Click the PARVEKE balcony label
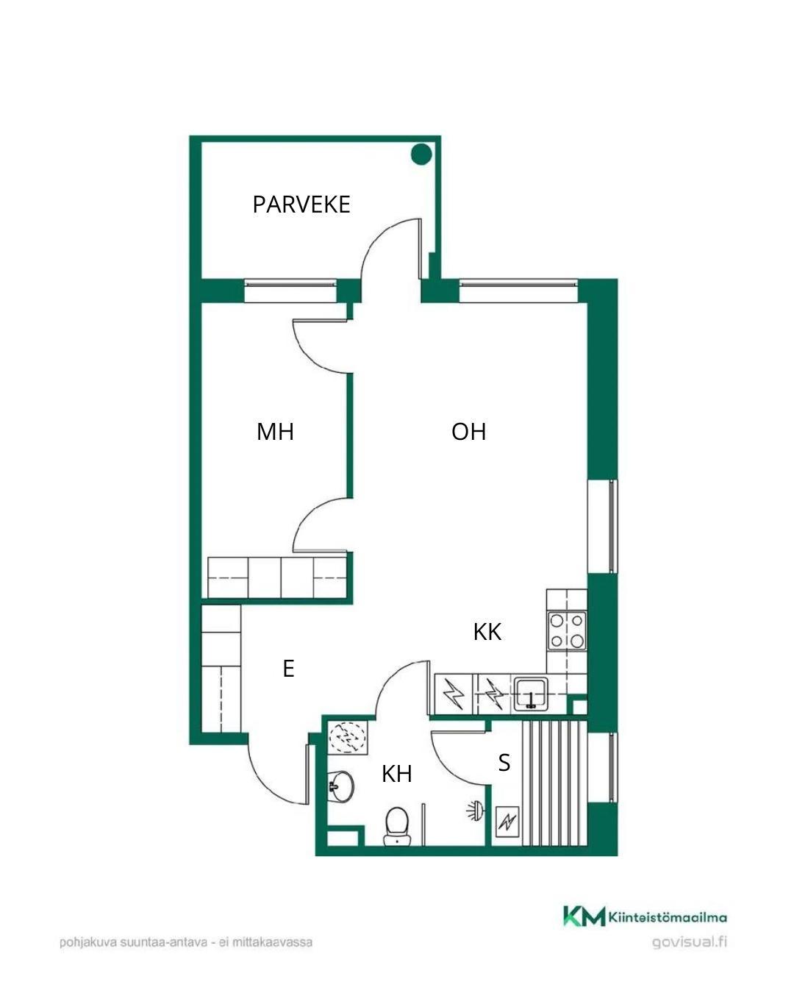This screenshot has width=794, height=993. tap(301, 204)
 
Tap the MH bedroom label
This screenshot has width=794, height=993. tap(275, 432)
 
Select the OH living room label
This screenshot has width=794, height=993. tap(468, 432)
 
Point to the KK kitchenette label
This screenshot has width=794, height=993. tap(487, 632)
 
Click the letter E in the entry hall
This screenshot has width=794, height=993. tap(288, 669)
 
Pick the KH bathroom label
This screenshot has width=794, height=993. tap(396, 774)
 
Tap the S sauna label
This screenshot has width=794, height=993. tap(504, 763)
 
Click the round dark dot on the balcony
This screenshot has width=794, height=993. tap(421, 154)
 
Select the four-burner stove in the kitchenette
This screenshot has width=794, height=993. tap(567, 630)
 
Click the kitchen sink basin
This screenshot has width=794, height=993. tap(531, 693)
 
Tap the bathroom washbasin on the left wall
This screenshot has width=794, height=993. tap(340, 786)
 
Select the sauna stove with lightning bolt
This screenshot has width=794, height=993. tap(507, 822)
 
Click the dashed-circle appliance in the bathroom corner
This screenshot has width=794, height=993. tap(347, 737)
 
